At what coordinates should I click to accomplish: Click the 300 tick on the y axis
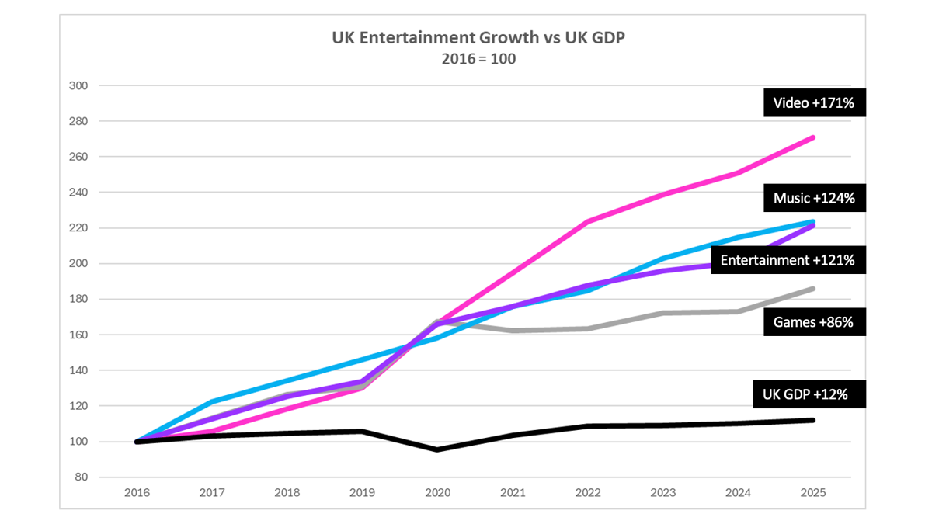78,85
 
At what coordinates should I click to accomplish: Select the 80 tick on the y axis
81,477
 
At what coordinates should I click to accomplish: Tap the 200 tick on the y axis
78,264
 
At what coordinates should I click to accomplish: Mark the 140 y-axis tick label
78,370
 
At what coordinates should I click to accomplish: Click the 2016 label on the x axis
137,493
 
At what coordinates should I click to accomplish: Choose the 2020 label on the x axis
437,493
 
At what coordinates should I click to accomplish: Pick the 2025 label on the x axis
812,493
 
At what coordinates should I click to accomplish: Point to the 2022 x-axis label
587,493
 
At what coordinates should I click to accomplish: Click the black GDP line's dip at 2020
437,449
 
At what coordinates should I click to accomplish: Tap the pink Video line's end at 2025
812,137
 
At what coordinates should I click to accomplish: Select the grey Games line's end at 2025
812,289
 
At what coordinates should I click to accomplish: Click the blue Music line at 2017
212,402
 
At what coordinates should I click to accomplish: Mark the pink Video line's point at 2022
587,222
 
